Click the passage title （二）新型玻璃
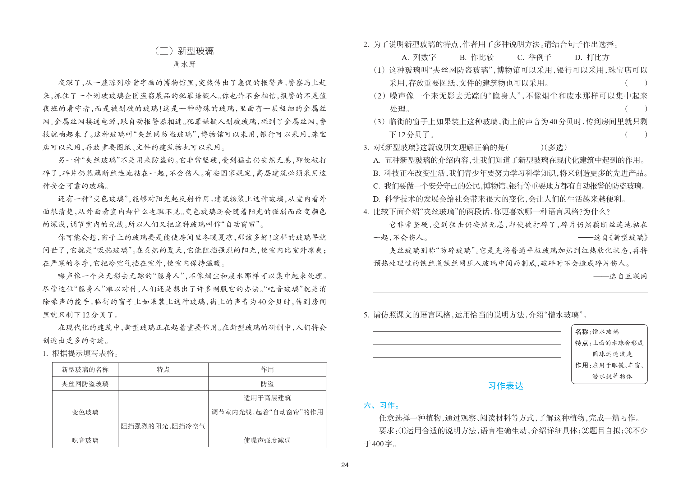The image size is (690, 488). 184,51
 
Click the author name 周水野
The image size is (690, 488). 184,64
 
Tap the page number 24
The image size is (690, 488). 345,465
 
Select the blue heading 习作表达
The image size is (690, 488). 506,386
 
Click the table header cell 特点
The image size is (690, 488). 163,370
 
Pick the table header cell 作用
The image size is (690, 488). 267,370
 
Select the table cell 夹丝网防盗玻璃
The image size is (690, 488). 85,384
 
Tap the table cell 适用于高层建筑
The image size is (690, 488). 267,398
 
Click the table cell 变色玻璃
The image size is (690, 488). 85,412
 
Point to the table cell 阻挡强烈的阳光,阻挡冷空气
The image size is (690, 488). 163,426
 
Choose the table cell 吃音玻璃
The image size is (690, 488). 85,440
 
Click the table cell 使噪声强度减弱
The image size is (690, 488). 267,440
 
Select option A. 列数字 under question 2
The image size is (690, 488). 419,57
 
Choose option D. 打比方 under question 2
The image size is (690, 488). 592,57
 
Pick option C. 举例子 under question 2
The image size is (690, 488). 534,57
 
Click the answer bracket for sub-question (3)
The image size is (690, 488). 636,135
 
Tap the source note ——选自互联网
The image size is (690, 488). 620,276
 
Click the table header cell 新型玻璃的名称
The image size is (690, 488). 85,370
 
